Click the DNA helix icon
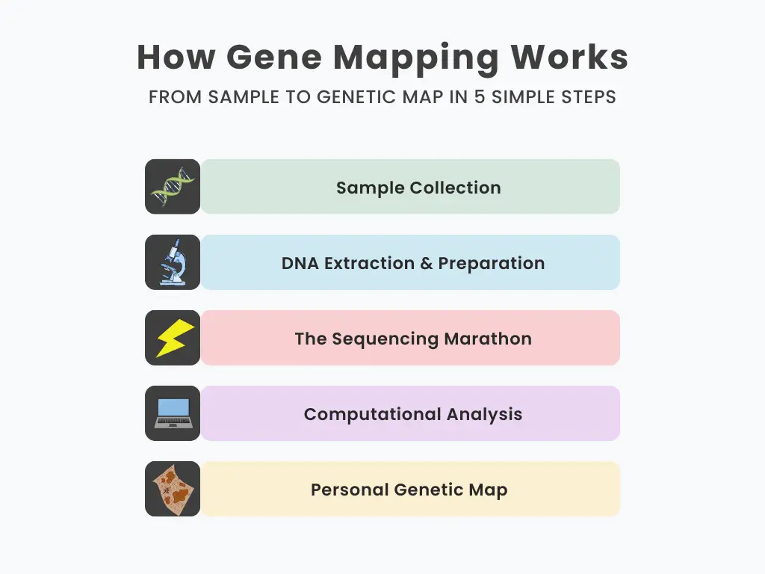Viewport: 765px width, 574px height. (173, 186)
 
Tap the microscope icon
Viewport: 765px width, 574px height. (173, 262)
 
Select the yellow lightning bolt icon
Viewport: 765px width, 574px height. (175, 338)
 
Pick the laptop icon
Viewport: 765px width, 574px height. (173, 413)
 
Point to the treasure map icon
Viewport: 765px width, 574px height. (173, 489)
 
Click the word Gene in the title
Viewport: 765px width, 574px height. (274, 58)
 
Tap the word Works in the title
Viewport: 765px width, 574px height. (569, 58)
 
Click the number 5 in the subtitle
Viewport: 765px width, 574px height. (480, 96)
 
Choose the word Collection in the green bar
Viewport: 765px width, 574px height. (455, 188)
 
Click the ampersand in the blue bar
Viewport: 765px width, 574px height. (427, 263)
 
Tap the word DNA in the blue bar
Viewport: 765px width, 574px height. (300, 263)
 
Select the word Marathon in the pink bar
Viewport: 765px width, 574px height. (488, 339)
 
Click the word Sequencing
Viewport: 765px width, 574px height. (385, 339)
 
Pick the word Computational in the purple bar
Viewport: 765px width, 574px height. (373, 415)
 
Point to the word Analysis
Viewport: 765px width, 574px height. (484, 415)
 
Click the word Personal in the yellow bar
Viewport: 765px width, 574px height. (350, 490)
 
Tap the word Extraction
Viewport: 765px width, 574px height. (369, 263)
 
